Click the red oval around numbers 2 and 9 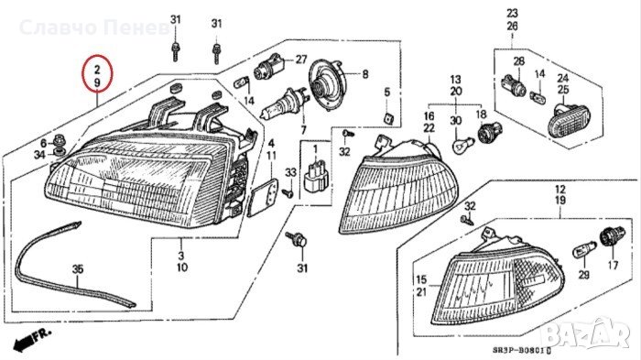coord(82,73)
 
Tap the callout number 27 coord(301,60)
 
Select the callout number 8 coord(365,74)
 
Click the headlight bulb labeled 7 coord(283,104)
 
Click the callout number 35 coord(78,269)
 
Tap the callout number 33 coord(290,172)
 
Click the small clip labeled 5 coord(388,119)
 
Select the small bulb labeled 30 coord(463,145)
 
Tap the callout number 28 coord(519,61)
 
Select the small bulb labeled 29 coord(581,249)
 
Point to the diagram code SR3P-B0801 coord(521,351)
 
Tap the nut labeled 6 coord(60,141)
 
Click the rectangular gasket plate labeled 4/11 coord(263,198)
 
